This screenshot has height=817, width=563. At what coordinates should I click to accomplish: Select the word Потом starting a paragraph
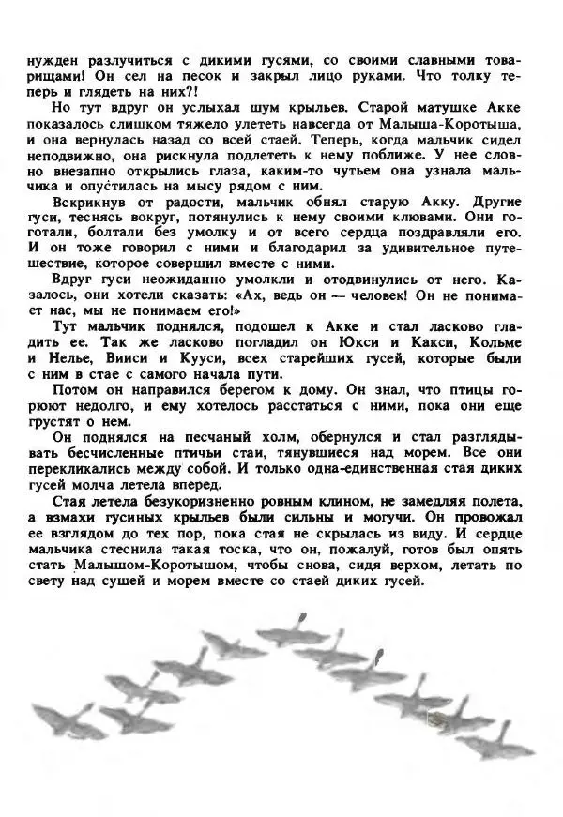click(x=76, y=389)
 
